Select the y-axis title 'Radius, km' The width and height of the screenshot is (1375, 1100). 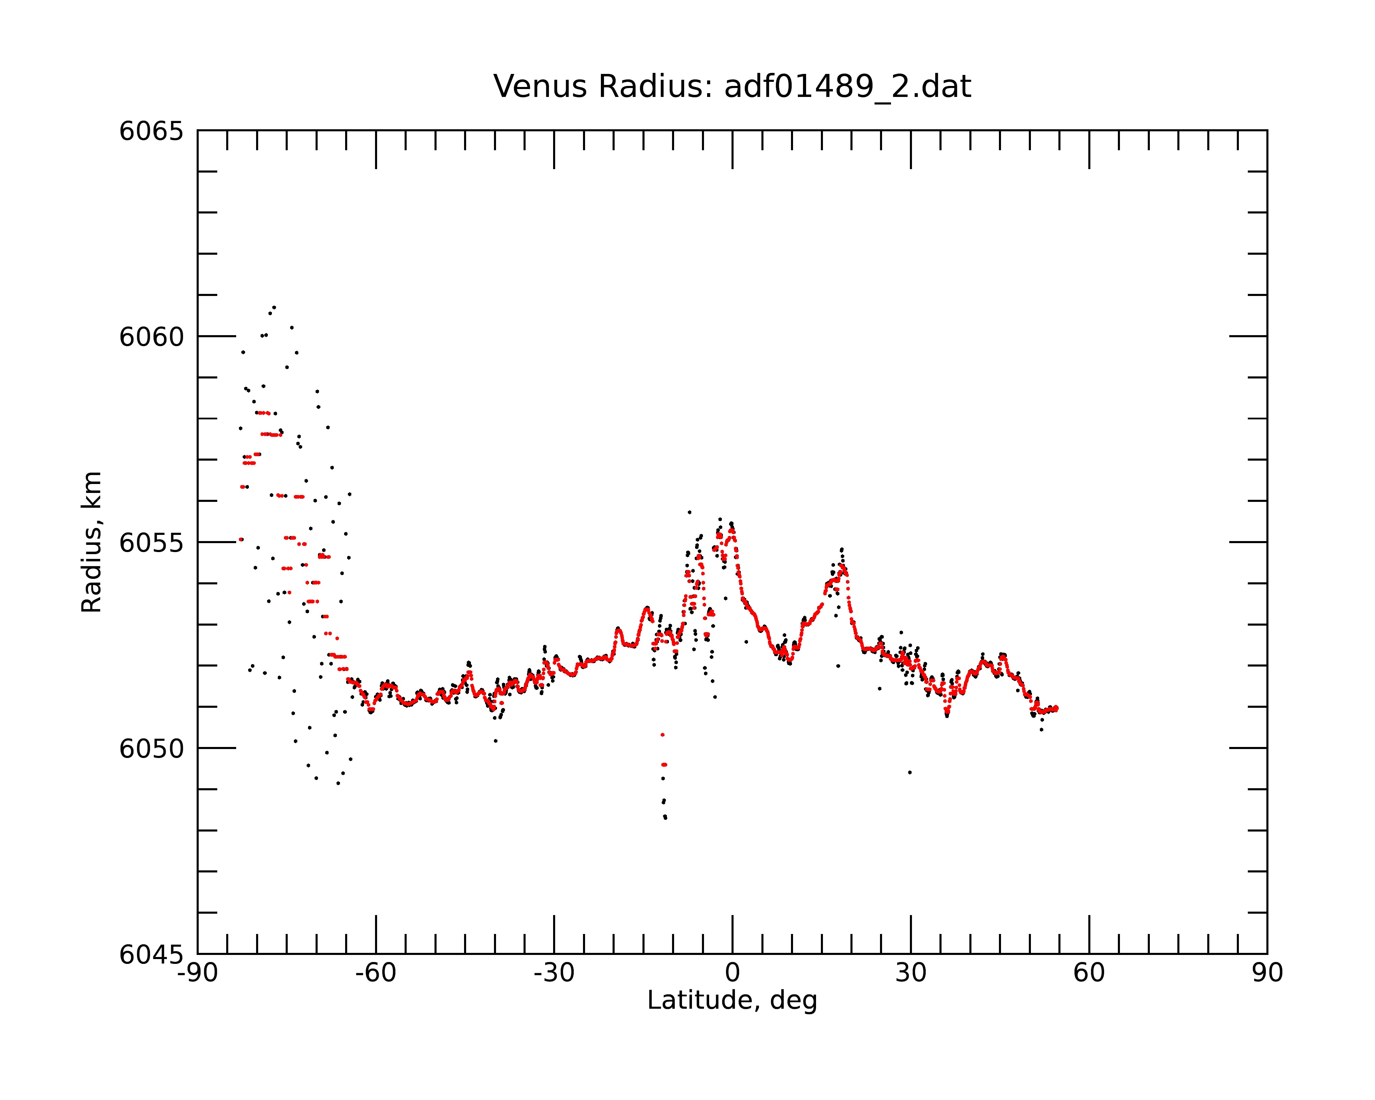point(91,542)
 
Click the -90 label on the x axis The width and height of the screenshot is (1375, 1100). point(198,973)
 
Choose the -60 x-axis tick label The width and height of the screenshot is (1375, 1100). point(376,973)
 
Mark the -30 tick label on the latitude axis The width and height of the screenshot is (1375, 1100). point(554,973)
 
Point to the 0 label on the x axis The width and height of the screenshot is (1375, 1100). point(732,973)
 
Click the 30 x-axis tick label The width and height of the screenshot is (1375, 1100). point(911,973)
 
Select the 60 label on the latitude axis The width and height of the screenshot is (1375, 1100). point(1089,973)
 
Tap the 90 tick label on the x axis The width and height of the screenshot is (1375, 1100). point(1267,973)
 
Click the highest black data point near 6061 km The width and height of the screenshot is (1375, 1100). point(274,307)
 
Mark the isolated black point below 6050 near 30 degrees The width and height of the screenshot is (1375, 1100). point(910,772)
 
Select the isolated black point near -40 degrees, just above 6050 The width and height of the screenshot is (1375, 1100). point(496,741)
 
